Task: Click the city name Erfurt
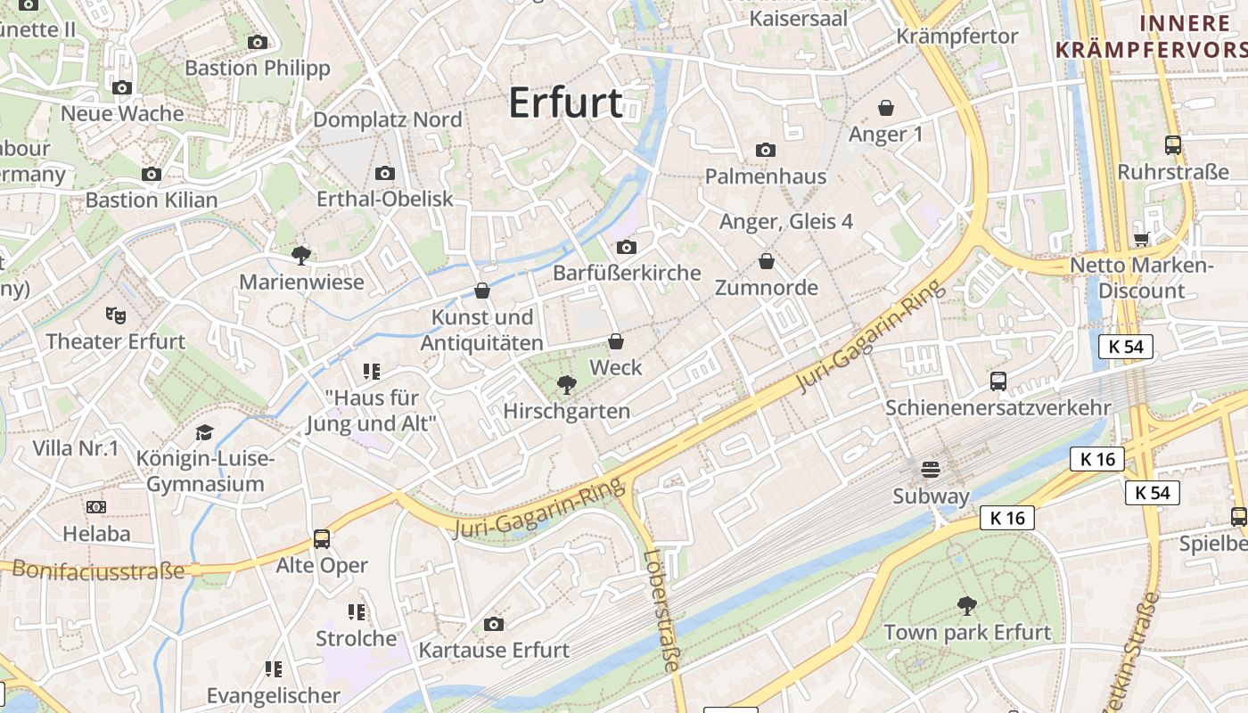point(565,103)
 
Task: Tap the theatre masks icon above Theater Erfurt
point(116,315)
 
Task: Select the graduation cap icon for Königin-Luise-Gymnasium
point(205,432)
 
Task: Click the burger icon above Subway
point(931,469)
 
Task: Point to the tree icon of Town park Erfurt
point(967,606)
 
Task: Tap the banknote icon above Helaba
point(96,507)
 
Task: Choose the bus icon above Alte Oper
point(322,538)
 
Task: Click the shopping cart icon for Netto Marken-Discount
point(1141,238)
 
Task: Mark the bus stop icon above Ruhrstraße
point(1173,144)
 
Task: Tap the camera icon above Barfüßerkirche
point(627,247)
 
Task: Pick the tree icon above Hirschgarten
point(565,384)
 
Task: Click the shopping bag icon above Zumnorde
point(766,261)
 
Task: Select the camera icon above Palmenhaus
point(766,150)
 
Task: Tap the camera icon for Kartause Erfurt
point(494,624)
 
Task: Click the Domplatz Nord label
point(387,119)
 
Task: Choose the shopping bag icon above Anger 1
point(886,108)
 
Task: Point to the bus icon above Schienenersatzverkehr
point(998,381)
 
